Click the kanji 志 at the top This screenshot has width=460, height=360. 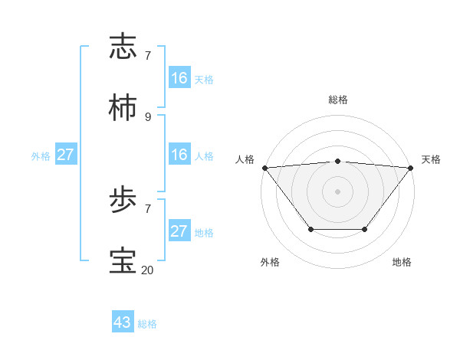coord(124,47)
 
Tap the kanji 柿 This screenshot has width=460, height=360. coord(124,108)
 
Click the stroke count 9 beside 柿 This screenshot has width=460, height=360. coord(148,116)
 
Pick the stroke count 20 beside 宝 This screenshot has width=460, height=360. coord(148,270)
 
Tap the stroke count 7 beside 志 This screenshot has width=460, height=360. coord(148,55)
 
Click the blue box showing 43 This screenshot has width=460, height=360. coord(123,322)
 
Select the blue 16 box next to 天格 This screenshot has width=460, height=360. coord(179,77)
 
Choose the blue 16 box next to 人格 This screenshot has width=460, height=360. coord(179,155)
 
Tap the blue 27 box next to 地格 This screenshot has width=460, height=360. coord(179,231)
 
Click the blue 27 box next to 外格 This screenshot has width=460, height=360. coord(66,155)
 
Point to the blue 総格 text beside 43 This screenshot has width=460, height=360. coord(147,324)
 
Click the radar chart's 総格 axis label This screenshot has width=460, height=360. coord(338,100)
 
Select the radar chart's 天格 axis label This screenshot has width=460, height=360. coord(431,159)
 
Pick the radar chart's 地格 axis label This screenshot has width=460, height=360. coord(402,262)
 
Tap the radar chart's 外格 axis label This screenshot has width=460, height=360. coord(270,262)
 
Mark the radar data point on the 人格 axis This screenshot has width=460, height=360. coord(264,168)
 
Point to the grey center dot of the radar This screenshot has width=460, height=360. coord(337,191)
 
